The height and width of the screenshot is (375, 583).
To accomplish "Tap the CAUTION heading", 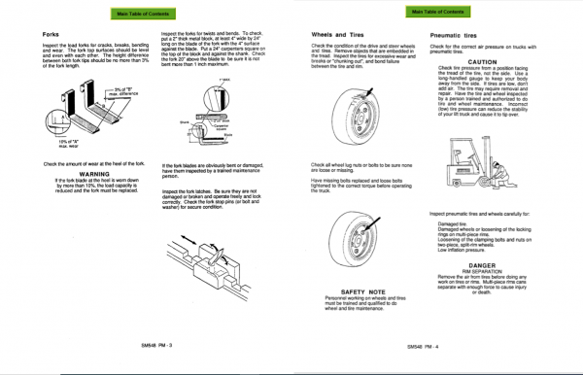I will point(496,60).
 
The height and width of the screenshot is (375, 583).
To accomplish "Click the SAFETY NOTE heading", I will point(365,290).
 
